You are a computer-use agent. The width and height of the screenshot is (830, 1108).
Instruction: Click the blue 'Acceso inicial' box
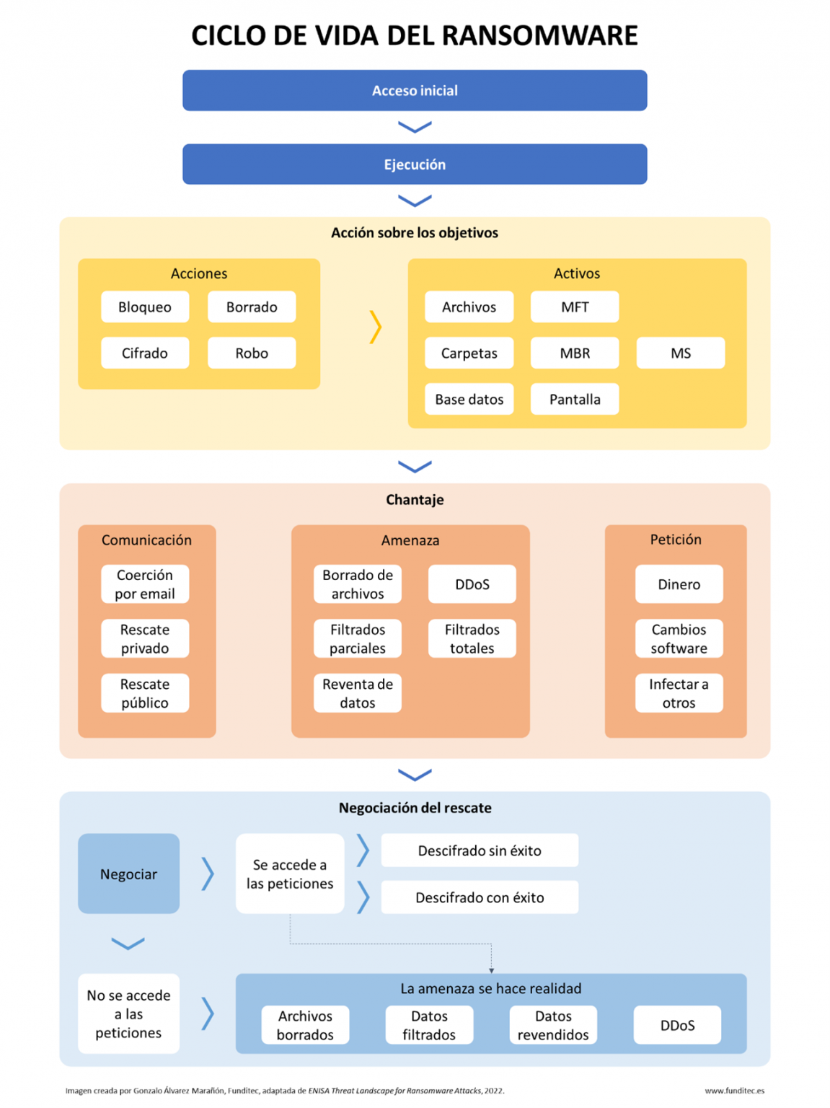pos(415,90)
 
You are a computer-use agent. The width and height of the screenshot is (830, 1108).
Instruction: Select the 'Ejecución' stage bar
pos(415,164)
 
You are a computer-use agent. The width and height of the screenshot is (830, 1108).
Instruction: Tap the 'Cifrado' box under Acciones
pos(145,353)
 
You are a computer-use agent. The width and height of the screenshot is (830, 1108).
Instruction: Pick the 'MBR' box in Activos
pos(575,353)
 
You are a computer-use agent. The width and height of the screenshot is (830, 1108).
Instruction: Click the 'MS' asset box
pos(680,353)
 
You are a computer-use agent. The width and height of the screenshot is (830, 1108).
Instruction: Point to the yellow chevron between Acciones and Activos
pos(375,327)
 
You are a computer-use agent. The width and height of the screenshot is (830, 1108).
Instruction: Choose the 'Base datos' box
pos(469,399)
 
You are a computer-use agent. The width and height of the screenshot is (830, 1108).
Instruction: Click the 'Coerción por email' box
pos(145,584)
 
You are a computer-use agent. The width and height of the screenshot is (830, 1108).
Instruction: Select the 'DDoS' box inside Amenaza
pos(472,584)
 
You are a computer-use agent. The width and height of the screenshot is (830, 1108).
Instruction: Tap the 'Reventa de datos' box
pos(357,693)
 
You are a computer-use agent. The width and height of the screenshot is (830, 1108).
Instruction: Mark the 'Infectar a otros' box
pos(679,693)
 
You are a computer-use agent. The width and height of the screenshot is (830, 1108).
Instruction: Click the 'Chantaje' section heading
pos(415,500)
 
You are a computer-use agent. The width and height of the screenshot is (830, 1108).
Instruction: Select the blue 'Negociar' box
pos(128,874)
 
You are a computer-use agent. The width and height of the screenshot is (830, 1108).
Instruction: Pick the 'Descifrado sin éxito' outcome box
pos(480,850)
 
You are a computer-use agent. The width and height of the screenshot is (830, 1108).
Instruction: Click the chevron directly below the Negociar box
pos(128,944)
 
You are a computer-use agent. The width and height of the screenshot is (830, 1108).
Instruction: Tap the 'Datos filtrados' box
pos(429,1025)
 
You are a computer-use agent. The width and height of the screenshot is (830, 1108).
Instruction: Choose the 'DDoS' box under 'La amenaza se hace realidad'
pos(677,1025)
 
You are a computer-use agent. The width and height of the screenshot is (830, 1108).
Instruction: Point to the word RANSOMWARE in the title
pos(539,35)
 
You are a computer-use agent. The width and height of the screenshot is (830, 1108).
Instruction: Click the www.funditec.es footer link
pos(734,1091)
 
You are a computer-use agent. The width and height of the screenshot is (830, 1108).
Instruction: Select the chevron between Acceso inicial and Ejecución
pos(415,127)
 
